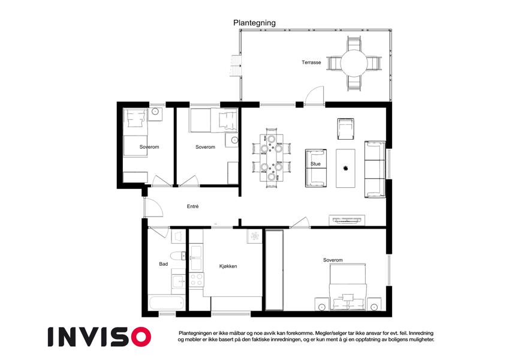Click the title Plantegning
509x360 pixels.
(x=254, y=23)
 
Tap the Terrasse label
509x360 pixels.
(x=311, y=62)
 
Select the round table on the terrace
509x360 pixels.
(x=354, y=63)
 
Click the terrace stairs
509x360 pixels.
(x=236, y=66)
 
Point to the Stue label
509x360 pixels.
(x=315, y=164)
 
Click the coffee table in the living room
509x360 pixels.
(x=345, y=168)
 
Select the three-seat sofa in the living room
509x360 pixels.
(x=375, y=169)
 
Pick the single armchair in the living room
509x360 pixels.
(x=345, y=129)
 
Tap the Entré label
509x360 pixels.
(x=192, y=206)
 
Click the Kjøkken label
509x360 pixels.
(x=228, y=266)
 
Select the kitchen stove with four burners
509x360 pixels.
(x=196, y=280)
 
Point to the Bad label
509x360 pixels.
(x=163, y=264)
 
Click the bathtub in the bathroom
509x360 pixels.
(x=167, y=303)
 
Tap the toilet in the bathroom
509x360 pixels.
(x=178, y=256)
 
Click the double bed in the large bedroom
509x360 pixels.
(x=348, y=286)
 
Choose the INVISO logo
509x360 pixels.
(x=100, y=337)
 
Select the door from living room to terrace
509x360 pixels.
(x=314, y=96)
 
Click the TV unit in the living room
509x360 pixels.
(x=347, y=220)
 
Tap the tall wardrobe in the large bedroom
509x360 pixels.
(x=275, y=270)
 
